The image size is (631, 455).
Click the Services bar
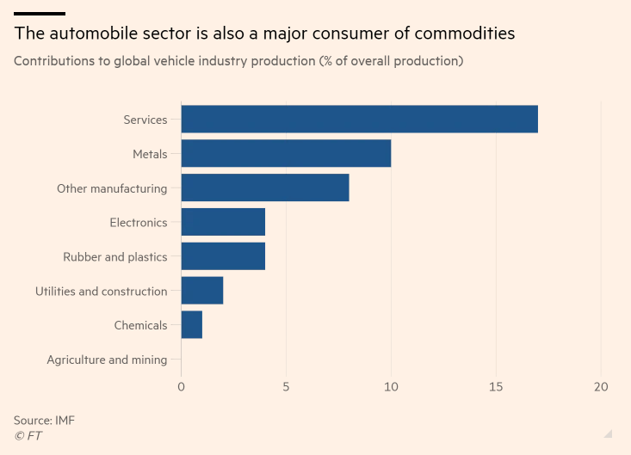point(359,120)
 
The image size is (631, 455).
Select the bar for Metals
point(286,154)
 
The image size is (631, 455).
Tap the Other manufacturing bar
point(265,188)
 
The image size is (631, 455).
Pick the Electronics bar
point(223,223)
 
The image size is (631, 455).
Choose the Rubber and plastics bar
point(223,256)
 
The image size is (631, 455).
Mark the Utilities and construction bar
point(202,291)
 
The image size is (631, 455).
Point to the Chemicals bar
point(192,325)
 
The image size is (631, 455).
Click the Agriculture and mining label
point(107,360)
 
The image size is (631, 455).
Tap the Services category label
point(145,120)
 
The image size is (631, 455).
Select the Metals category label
point(150,154)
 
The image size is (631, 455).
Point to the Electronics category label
point(139,223)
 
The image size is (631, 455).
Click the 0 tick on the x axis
point(181,388)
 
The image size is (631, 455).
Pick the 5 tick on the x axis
point(286,388)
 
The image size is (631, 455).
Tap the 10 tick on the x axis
point(391,388)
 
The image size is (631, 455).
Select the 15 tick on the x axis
point(496,388)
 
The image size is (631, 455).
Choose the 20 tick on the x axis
point(601,388)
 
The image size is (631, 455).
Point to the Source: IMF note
point(45,420)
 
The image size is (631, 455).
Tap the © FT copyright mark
point(28,436)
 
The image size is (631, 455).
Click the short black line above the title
point(40,14)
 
